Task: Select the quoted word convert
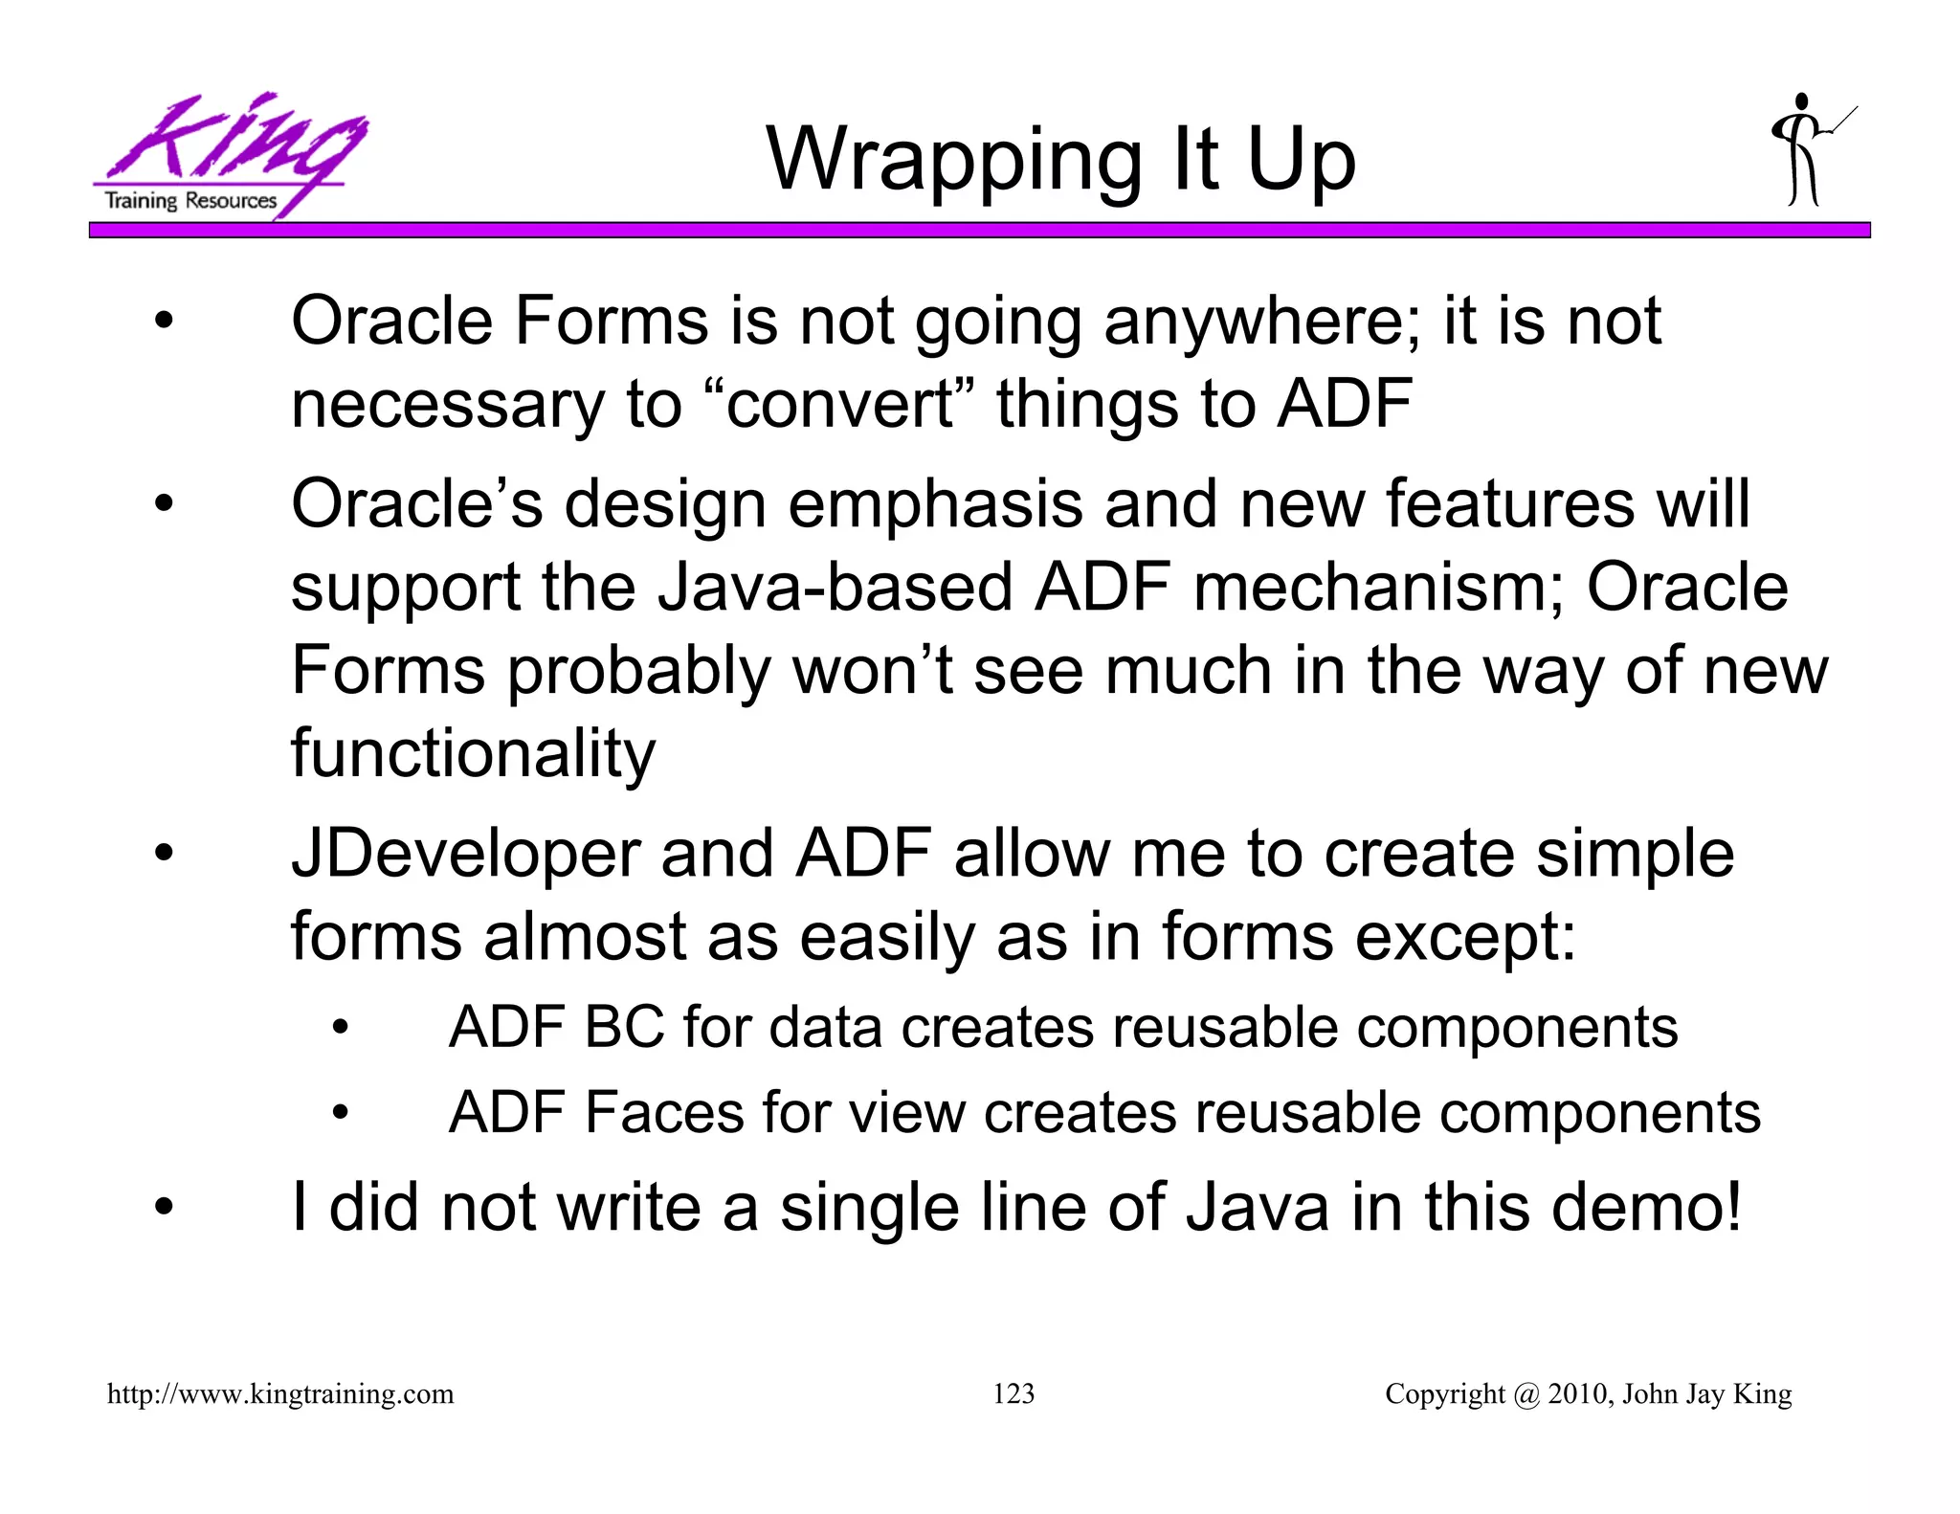(839, 404)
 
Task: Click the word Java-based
(835, 587)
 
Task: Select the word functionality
(473, 754)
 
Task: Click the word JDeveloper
(465, 855)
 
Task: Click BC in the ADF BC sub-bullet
(624, 1028)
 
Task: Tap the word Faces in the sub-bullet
(664, 1113)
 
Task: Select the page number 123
(1013, 1393)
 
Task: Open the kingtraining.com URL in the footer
(280, 1393)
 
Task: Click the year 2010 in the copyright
(1578, 1393)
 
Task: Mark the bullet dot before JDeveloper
(165, 855)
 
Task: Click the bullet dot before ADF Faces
(341, 1113)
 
